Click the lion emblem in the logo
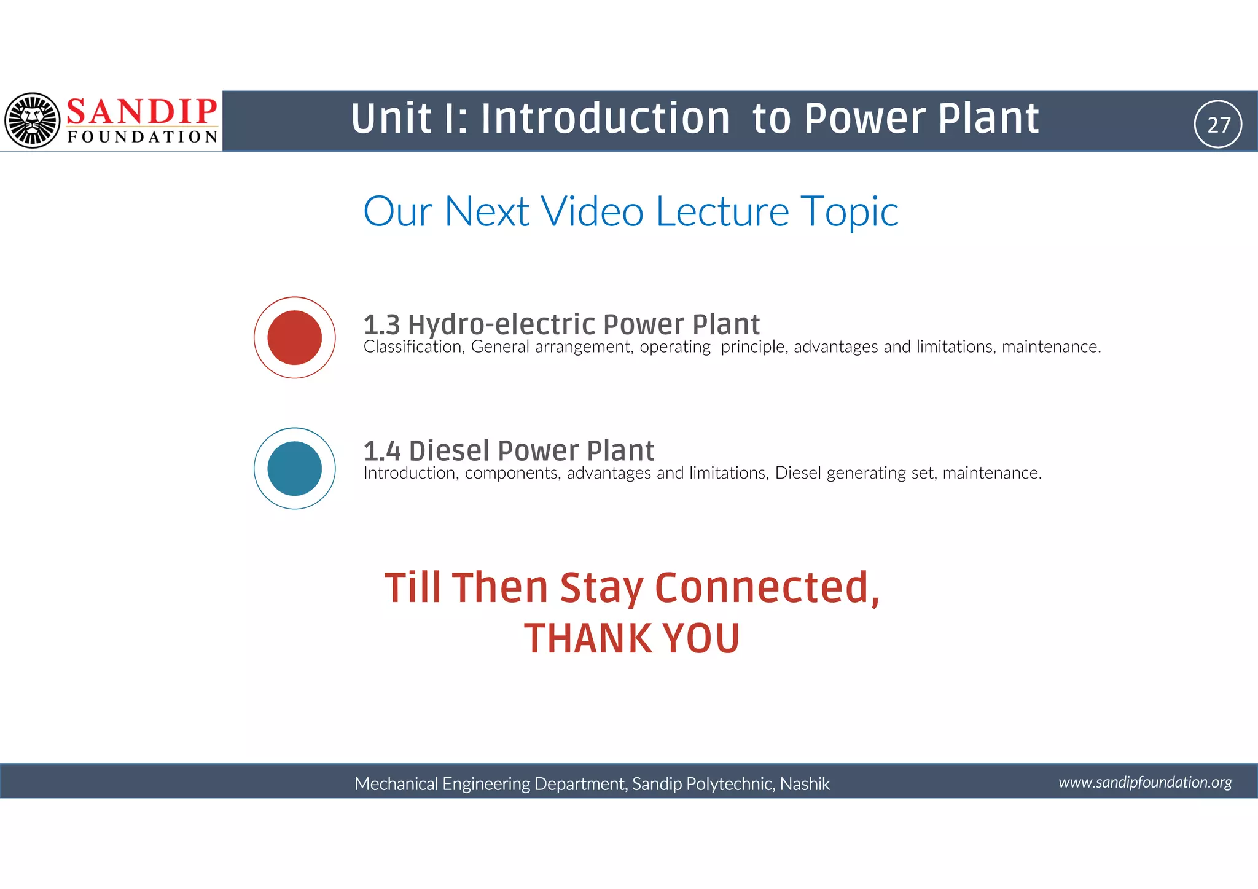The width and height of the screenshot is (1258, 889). pos(32,120)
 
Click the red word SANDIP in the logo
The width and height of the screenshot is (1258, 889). pos(141,112)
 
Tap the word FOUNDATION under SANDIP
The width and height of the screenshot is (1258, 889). pos(143,137)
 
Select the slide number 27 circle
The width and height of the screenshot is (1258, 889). pos(1218,124)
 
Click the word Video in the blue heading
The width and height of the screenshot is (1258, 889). pos(592,211)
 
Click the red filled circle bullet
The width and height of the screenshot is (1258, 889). pos(295,337)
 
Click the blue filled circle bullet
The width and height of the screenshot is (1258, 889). pos(295,468)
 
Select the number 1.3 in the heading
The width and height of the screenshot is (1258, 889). pos(381,324)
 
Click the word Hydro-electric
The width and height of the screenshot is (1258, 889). pos(501,324)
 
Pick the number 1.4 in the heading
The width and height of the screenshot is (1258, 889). pos(382,451)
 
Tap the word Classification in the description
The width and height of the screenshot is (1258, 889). pos(413,347)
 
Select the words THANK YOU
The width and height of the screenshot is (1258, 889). pos(631,638)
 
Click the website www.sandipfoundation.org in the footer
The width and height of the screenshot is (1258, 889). pos(1145,782)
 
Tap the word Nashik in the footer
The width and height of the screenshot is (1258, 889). pos(805,784)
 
